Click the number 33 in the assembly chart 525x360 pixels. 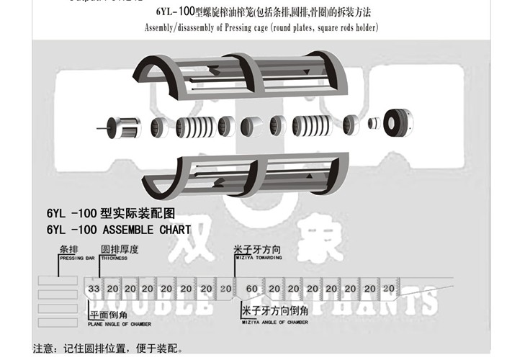point(94,289)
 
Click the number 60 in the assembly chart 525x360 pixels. point(252,289)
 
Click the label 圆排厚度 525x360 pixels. point(119,249)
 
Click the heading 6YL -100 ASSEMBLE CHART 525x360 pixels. point(118,230)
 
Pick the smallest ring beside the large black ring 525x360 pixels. point(374,124)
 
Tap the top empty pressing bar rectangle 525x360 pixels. point(58,281)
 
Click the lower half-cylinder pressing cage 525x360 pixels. point(238,176)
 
